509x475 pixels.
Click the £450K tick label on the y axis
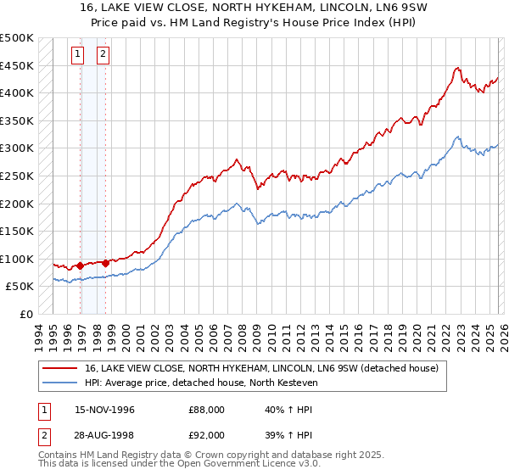click(x=17, y=65)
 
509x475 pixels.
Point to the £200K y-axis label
click(x=17, y=204)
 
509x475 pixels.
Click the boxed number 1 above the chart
click(x=78, y=55)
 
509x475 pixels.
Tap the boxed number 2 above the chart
click(x=103, y=55)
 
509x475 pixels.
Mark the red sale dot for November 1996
click(x=81, y=265)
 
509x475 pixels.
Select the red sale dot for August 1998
click(x=106, y=263)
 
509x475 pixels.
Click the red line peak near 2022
click(x=457, y=68)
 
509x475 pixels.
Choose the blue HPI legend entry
click(x=200, y=383)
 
